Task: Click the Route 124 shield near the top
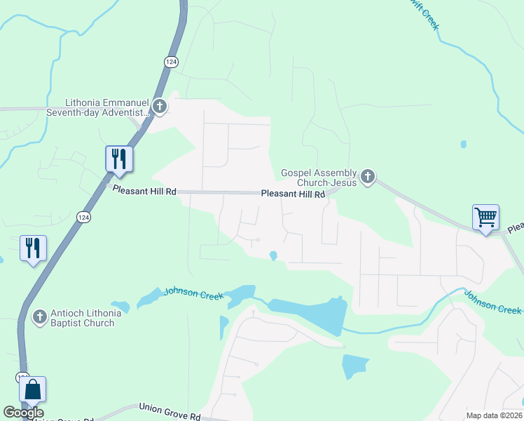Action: pos(171,62)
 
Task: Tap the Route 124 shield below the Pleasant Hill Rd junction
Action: pos(83,218)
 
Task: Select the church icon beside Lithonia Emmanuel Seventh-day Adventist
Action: pos(160,107)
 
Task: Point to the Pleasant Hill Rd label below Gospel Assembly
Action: pos(293,194)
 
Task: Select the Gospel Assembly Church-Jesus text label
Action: pos(319,178)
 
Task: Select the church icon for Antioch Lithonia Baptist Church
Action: pos(40,317)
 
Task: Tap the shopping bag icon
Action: pos(32,389)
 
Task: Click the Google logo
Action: pos(23,413)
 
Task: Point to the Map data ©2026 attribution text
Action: pos(493,415)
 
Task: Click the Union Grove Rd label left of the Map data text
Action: pos(170,411)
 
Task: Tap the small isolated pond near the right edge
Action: pos(463,145)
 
